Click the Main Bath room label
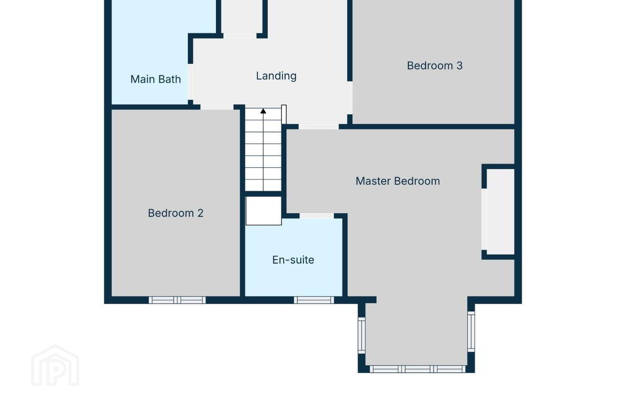point(156,79)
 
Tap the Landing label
point(276,76)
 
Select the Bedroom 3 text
point(435,66)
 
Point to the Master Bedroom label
point(398,181)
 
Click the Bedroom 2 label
point(176,213)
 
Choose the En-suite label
point(293,260)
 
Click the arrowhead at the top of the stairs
point(263,111)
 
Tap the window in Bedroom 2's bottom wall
point(177,300)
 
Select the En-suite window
point(314,300)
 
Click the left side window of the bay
point(362,335)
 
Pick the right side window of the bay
point(471,331)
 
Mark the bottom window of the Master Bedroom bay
point(417,369)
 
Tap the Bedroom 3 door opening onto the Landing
point(350,98)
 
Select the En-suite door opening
point(316,216)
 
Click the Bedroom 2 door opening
point(217,107)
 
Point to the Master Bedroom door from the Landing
point(319,127)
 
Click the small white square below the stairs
point(263,211)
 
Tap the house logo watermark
point(55,365)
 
